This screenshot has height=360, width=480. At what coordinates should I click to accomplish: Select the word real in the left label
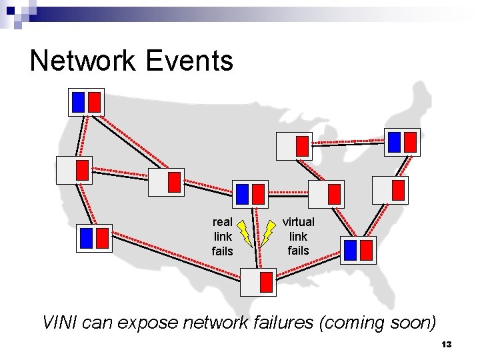[222, 222]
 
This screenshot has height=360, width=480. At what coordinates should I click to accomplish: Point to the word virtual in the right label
[298, 221]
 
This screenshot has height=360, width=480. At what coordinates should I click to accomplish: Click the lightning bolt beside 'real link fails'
[244, 233]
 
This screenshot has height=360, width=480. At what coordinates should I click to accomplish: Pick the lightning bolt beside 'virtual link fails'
[268, 233]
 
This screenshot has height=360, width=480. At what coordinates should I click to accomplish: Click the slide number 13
[446, 345]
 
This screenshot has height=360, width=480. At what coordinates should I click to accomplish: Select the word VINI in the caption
[61, 323]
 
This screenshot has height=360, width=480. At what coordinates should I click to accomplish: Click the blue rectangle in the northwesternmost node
[78, 102]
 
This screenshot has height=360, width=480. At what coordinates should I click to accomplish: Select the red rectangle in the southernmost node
[266, 282]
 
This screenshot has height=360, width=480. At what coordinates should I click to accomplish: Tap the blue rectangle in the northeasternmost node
[395, 142]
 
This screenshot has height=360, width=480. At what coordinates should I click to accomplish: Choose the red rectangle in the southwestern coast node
[102, 238]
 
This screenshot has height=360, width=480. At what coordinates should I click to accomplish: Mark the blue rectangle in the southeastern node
[351, 250]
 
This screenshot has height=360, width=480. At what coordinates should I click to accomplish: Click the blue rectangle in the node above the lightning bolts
[242, 194]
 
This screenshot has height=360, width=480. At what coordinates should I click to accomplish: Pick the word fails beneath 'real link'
[222, 251]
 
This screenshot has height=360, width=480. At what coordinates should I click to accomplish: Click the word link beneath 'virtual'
[298, 236]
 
